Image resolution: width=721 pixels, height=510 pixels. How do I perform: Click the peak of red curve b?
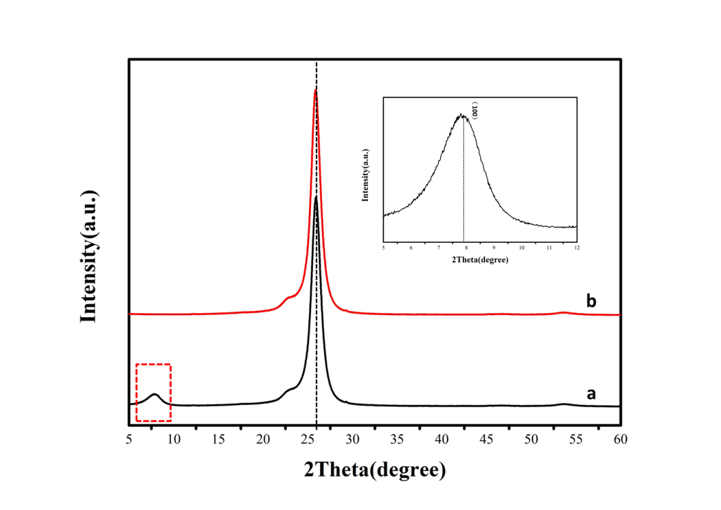[x=315, y=91]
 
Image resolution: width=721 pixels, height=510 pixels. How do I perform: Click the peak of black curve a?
[x=315, y=197]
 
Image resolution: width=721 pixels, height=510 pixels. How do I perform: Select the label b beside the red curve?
[x=591, y=301]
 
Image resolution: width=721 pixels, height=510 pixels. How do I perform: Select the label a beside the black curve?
[x=591, y=393]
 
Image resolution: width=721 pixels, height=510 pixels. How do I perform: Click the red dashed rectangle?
[x=154, y=364]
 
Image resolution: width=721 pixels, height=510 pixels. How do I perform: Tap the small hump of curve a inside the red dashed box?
[x=154, y=394]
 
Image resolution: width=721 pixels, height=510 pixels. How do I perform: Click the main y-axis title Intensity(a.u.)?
[x=90, y=256]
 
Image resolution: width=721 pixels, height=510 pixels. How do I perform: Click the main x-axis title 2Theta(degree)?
[x=374, y=470]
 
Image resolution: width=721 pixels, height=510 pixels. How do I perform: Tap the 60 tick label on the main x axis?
[x=621, y=439]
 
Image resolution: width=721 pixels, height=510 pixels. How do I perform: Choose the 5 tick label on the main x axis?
[x=129, y=439]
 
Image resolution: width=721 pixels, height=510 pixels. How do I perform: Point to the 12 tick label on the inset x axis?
[x=576, y=248]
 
